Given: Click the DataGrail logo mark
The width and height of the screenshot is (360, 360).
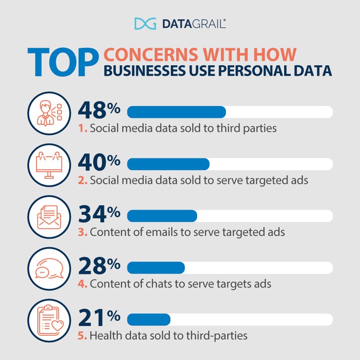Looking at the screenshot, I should coord(145,23).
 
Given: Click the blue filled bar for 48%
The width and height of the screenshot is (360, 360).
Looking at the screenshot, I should coord(176,112).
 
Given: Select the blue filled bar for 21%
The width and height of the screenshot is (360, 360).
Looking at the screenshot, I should coord(149,319).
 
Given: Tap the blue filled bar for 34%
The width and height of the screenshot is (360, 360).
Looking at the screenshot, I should coord(162,216).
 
